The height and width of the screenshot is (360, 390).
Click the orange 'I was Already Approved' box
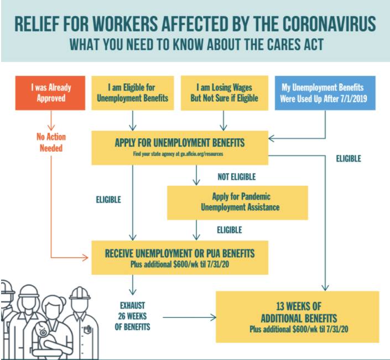(50, 93)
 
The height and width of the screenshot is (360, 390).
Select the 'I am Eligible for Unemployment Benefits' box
(133, 93)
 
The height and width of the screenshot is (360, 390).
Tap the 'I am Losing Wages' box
(225, 93)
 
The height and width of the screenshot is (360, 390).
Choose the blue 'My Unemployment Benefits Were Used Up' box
(325, 93)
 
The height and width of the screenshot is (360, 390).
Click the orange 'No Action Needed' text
(51, 142)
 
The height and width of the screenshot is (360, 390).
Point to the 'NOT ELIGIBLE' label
(237, 177)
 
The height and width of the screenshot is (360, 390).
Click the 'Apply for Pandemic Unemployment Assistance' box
(237, 202)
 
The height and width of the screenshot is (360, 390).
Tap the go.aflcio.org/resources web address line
(178, 154)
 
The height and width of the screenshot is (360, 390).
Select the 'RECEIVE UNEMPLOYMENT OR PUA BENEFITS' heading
(180, 254)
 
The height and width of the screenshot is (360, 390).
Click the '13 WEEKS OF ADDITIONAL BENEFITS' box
(298, 317)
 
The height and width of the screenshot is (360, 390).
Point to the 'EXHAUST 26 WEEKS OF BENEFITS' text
(132, 316)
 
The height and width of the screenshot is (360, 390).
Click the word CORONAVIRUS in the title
(329, 24)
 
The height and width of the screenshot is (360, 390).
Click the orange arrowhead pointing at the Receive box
(85, 258)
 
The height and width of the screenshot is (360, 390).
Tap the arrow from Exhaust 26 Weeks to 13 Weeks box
(189, 317)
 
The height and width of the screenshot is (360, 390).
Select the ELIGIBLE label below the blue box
(349, 159)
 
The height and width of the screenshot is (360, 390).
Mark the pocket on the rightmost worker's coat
(87, 330)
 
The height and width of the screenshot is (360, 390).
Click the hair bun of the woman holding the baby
(63, 302)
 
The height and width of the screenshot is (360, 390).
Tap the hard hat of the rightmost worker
(80, 294)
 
